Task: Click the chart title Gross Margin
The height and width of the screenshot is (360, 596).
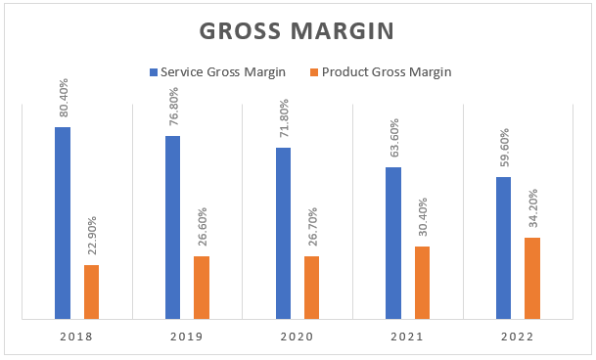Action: coord(298,30)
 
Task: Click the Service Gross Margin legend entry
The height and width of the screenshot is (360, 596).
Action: coord(223,71)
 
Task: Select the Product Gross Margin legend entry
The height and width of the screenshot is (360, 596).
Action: coord(381,71)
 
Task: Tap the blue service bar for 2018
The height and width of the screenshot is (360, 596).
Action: coord(63,223)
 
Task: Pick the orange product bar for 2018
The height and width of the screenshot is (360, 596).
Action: coord(91,292)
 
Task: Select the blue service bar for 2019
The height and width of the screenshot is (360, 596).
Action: coord(172,227)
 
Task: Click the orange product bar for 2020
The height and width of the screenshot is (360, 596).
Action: coord(311,287)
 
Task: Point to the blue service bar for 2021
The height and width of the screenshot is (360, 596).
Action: coord(393,243)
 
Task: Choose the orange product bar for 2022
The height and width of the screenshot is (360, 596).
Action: coord(532,278)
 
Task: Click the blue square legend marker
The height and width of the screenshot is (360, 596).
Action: coord(153,71)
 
